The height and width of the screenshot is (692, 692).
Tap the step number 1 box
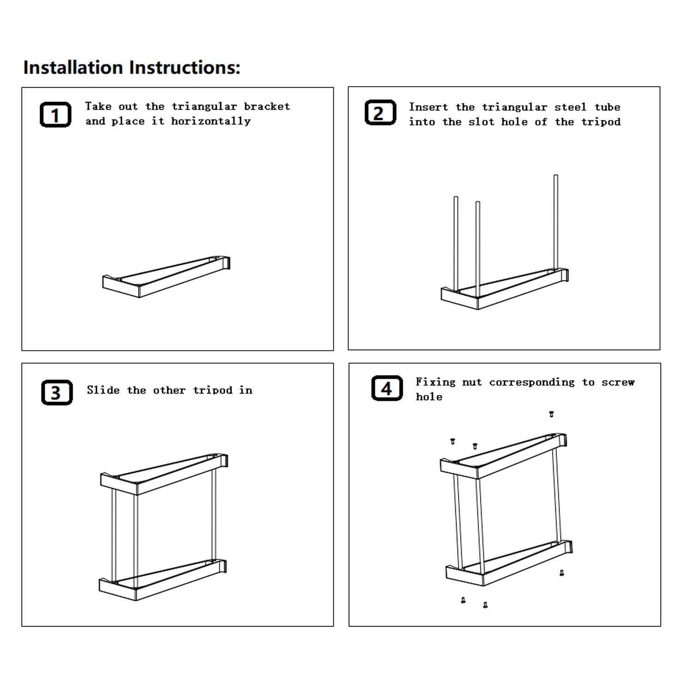pyautogui.click(x=55, y=114)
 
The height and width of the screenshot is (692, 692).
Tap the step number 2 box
pyautogui.click(x=381, y=113)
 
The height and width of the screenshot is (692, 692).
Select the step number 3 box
pyautogui.click(x=57, y=393)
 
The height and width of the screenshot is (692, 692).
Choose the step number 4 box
pyautogui.click(x=387, y=388)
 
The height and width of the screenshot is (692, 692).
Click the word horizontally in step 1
pyautogui.click(x=211, y=121)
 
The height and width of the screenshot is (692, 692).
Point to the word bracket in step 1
pyautogui.click(x=267, y=107)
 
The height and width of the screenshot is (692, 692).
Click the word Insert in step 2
pyautogui.click(x=428, y=107)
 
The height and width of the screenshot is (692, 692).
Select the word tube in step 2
pyautogui.click(x=608, y=107)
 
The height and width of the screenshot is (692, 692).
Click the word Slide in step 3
pyautogui.click(x=103, y=390)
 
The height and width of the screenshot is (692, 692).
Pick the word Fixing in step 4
pyautogui.click(x=435, y=382)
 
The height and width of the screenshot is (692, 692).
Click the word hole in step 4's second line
pyautogui.click(x=429, y=397)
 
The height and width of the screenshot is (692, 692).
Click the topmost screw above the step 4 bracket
pyautogui.click(x=551, y=414)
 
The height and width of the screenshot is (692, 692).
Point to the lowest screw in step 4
pyautogui.click(x=485, y=605)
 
